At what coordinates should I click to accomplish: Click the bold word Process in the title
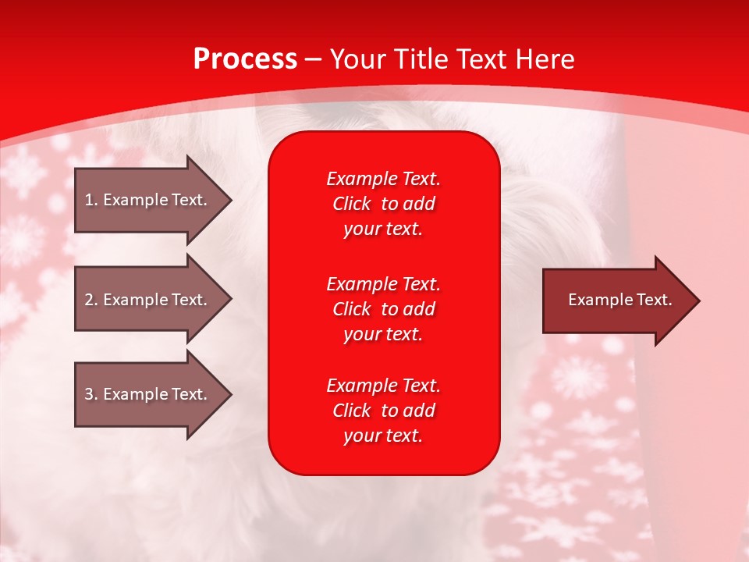[245, 59]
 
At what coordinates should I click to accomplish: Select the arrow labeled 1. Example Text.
[148, 200]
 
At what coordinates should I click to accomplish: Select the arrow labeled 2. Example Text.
[148, 300]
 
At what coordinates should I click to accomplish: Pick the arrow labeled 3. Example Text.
[148, 394]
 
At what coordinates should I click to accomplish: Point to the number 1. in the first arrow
[91, 200]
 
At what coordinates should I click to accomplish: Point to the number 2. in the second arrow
[91, 300]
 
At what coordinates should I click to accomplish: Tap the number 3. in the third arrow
[91, 394]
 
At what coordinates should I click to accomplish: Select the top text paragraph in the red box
[383, 204]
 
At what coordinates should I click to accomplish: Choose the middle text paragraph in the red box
[383, 309]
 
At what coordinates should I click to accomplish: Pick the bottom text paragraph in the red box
[383, 411]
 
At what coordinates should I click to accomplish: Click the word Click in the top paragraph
[352, 205]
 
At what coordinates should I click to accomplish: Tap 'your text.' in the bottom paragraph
[383, 436]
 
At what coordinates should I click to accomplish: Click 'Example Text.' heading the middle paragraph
[383, 284]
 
